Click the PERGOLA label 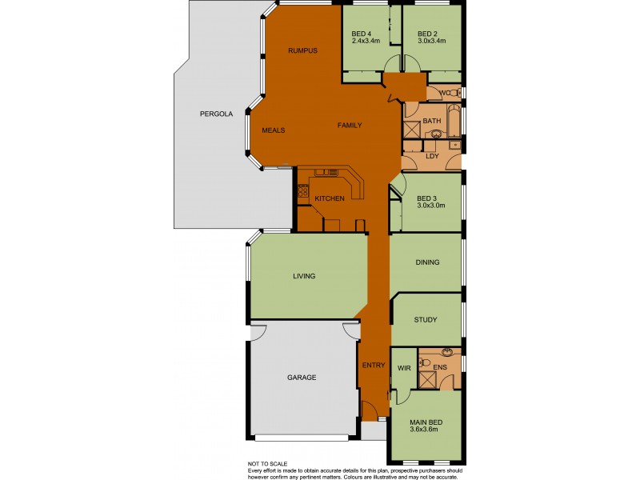(x=216, y=114)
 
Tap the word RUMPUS (x=303, y=50)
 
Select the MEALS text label (x=274, y=130)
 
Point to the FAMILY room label (x=350, y=126)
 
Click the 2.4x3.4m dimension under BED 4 (x=366, y=41)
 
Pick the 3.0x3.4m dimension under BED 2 (x=431, y=41)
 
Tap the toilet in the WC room (x=454, y=94)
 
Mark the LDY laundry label (x=432, y=157)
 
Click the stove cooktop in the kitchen (x=303, y=191)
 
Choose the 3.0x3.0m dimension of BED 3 (x=430, y=206)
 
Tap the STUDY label (x=426, y=320)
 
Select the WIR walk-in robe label (x=404, y=367)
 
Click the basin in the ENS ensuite (x=447, y=354)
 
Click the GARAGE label (x=302, y=378)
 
